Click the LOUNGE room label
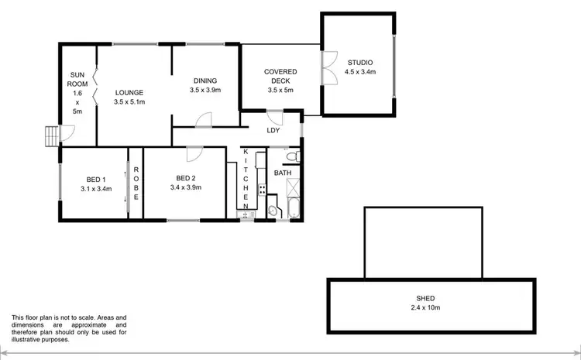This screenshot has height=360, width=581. click(x=129, y=92)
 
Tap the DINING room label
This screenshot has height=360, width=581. click(x=205, y=81)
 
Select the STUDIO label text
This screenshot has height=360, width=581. click(x=360, y=63)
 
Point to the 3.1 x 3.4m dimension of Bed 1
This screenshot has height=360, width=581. click(x=96, y=188)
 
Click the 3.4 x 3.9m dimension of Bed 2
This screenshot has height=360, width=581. click(x=186, y=187)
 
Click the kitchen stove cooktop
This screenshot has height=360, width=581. click(x=262, y=188)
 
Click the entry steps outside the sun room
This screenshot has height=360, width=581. click(x=51, y=137)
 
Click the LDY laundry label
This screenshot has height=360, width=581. click(x=273, y=130)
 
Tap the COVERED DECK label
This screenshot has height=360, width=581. click(x=280, y=77)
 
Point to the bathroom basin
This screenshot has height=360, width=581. click(x=273, y=211)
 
